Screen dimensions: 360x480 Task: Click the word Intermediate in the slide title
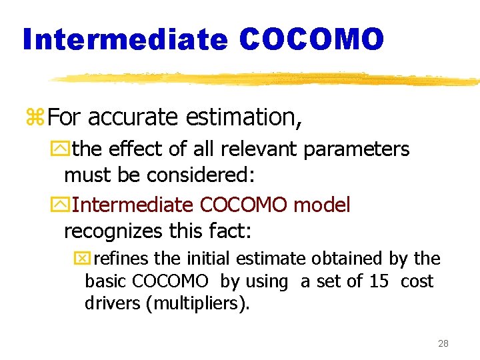coord(125,39)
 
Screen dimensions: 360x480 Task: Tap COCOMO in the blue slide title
coord(311,39)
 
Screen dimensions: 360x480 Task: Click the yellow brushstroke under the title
coord(267,79)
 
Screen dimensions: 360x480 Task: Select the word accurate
coord(133,117)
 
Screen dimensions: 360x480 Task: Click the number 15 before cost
coord(379,281)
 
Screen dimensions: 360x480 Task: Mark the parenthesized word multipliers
coord(200,304)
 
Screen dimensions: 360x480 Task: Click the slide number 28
coord(443,344)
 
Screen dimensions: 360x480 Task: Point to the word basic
coord(106,281)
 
